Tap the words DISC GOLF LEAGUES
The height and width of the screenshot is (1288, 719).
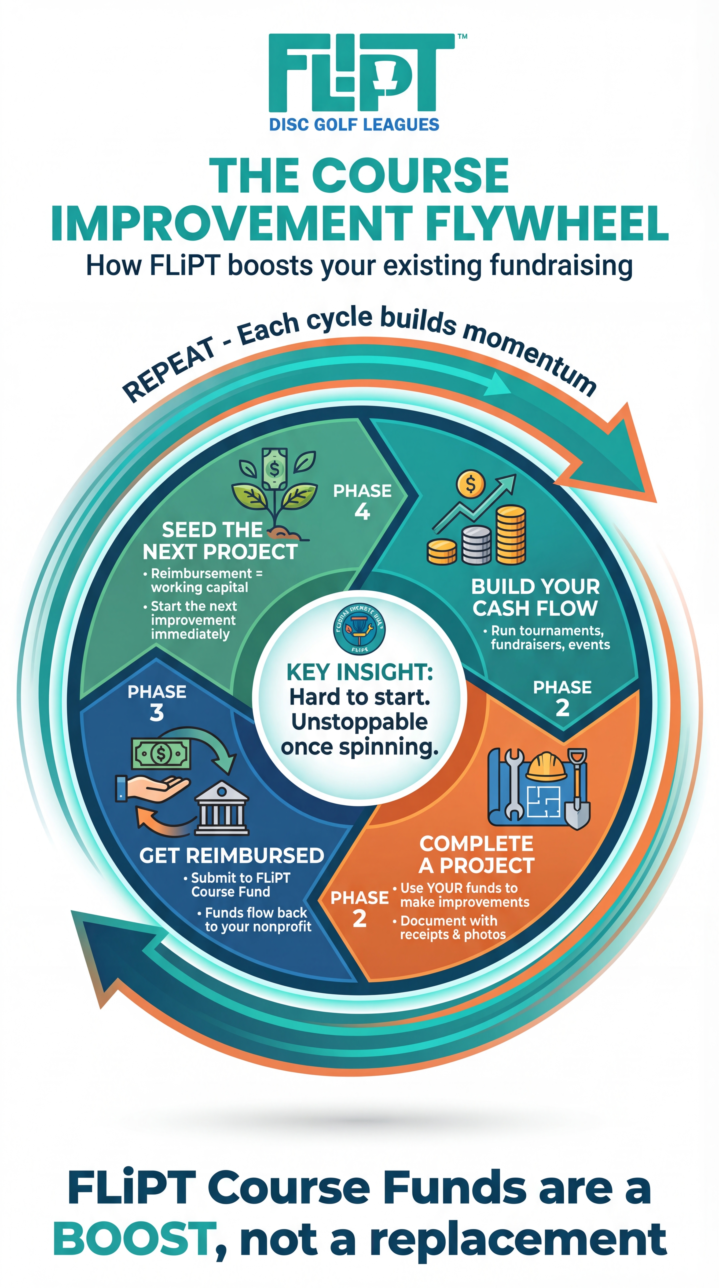354,124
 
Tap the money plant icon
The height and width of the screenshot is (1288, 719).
274,490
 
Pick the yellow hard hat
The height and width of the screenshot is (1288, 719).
547,766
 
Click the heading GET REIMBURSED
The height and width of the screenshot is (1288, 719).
231,856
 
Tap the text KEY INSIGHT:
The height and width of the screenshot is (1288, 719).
359,672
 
